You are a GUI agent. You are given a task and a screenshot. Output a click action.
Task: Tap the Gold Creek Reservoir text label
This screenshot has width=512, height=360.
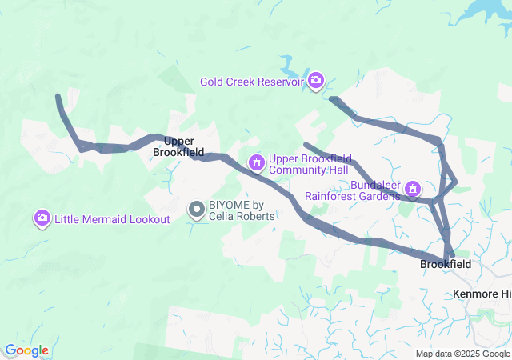coord(252,81)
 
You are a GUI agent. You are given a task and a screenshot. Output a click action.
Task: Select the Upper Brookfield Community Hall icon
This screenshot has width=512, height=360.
coord(256,163)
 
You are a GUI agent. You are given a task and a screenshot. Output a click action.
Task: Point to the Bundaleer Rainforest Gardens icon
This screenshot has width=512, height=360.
coord(413,190)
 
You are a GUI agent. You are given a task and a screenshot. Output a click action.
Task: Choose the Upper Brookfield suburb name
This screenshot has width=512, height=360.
coord(178,146)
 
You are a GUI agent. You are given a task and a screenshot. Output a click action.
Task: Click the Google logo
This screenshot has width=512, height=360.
coord(26,350)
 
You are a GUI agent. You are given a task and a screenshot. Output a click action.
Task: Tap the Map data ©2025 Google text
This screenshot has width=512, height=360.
coord(462,354)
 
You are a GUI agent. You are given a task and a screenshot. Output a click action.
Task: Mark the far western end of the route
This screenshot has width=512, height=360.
coord(58,97)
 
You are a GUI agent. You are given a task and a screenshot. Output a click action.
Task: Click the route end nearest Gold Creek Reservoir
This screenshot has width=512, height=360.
coord(333,99)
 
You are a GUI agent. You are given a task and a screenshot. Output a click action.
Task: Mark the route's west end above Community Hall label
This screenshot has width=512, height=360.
coord(306,145)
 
